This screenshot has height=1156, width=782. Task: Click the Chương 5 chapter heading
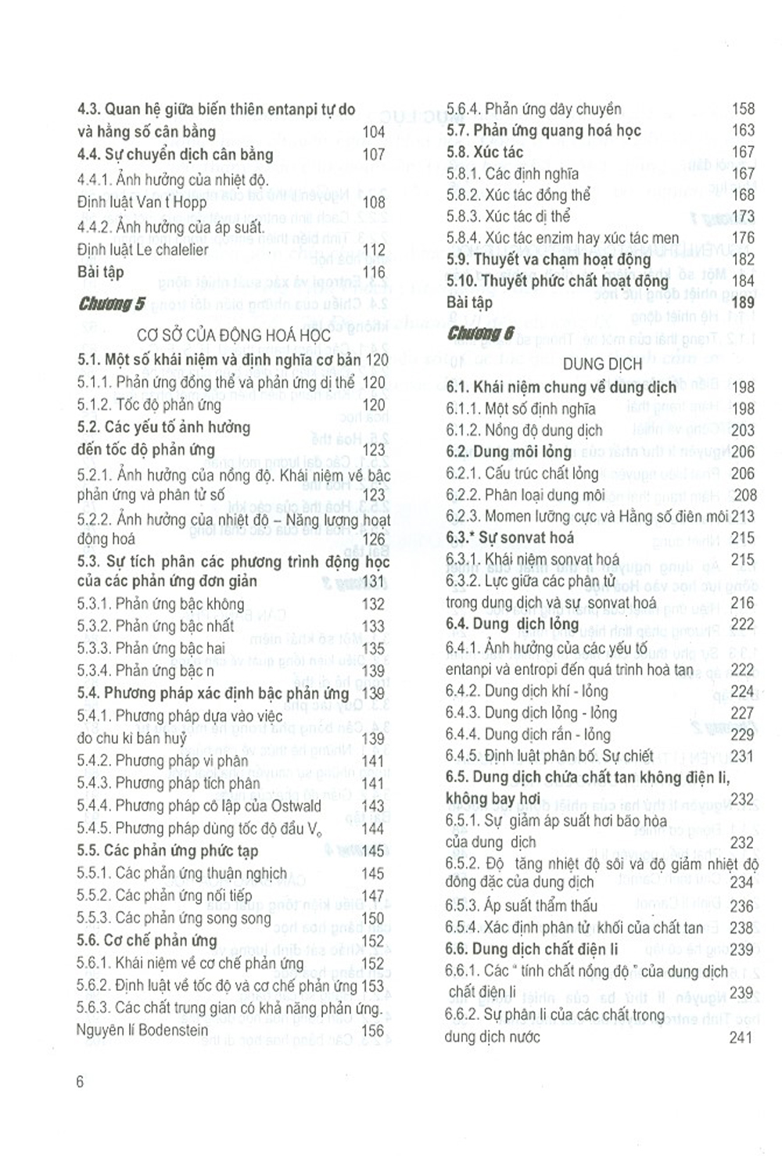[x=111, y=304]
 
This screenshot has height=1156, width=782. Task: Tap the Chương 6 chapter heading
[x=480, y=334]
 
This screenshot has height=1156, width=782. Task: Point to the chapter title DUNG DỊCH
[x=602, y=364]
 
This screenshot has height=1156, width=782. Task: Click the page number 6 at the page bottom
[x=80, y=1082]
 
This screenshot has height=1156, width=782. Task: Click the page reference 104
[x=373, y=132]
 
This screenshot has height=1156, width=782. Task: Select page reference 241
[x=741, y=1037]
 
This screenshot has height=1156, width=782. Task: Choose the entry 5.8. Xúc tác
[x=485, y=152]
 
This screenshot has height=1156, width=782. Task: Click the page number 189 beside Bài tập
[x=742, y=302]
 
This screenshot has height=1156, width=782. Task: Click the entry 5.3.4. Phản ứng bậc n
[x=145, y=670]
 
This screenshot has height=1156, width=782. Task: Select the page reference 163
[x=743, y=130]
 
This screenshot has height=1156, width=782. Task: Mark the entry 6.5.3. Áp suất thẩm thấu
[x=522, y=906]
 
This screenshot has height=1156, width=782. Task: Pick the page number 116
[x=374, y=272]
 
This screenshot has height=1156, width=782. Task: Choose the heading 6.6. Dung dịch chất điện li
[x=532, y=950]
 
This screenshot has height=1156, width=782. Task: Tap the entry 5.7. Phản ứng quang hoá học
[x=543, y=130]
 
